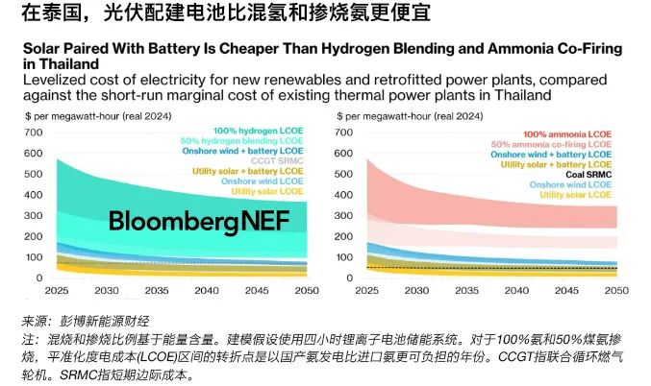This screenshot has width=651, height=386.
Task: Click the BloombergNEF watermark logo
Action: pos(193,221)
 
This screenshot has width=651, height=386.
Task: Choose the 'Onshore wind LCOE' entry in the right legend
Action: pos(573,184)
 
